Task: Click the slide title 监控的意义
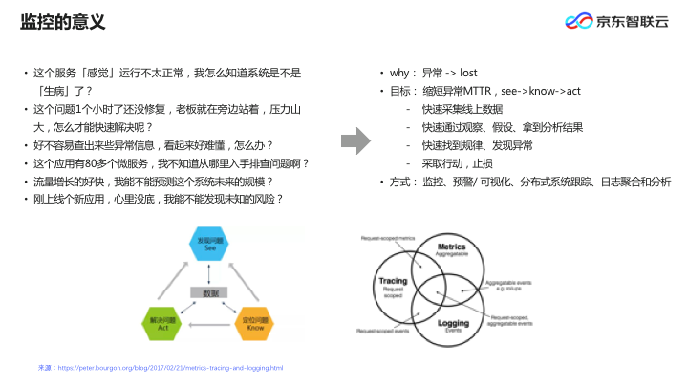coord(63,21)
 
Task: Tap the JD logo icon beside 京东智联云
coord(576,22)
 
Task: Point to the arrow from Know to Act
coord(205,325)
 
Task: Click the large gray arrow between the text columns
coord(355,140)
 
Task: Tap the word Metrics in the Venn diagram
coord(451,247)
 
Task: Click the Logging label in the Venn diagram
coord(452,322)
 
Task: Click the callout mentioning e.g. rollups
coord(510,286)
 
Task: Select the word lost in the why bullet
coord(468,73)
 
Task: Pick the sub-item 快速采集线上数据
coord(462,109)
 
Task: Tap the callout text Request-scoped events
coord(383,331)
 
